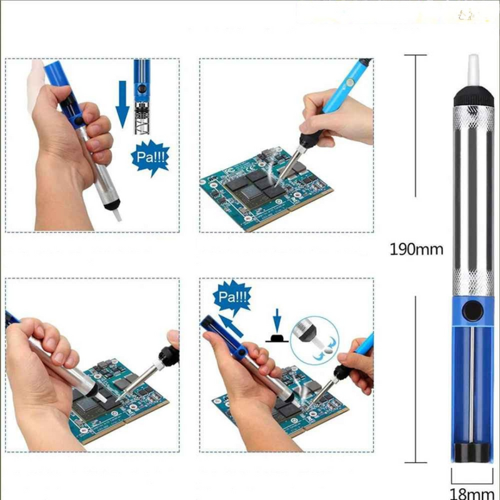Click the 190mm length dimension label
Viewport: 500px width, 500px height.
416,249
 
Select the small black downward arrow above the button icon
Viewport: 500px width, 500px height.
277,317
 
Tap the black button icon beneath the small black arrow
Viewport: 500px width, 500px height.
277,337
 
